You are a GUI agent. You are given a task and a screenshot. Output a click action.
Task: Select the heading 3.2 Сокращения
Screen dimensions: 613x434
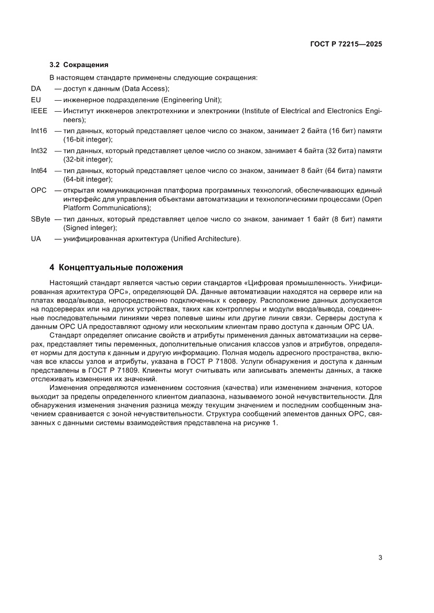click(79, 66)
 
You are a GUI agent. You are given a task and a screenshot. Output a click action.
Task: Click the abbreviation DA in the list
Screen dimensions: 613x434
click(36, 89)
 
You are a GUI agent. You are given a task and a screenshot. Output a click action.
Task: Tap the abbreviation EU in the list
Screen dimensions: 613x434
click(36, 100)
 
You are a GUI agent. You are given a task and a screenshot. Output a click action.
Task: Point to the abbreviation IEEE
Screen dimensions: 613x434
click(39, 111)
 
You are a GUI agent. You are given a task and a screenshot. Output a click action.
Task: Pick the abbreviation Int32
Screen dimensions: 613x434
click(39, 150)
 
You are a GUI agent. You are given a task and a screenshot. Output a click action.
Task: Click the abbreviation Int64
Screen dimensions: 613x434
click(39, 170)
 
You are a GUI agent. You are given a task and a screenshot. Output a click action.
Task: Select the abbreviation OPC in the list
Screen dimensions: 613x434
click(39, 190)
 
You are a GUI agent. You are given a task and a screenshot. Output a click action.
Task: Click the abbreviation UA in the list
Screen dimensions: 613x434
click(36, 239)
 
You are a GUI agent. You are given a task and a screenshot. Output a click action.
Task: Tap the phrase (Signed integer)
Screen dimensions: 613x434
click(89, 228)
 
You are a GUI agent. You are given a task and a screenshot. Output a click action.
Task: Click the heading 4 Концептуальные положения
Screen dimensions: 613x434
click(116, 267)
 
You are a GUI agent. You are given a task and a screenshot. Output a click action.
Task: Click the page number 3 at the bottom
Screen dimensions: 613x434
click(379, 557)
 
